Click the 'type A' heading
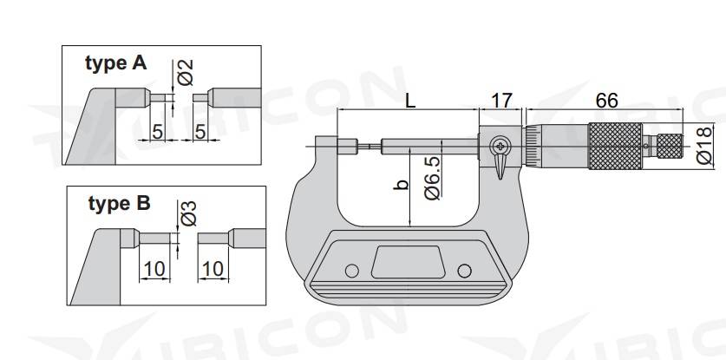[x=115, y=63]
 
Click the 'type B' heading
[x=119, y=203]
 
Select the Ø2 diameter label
[x=185, y=72]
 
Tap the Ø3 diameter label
[x=188, y=213]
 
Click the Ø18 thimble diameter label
[x=703, y=146]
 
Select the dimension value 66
[x=606, y=101]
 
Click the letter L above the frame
[x=410, y=101]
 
